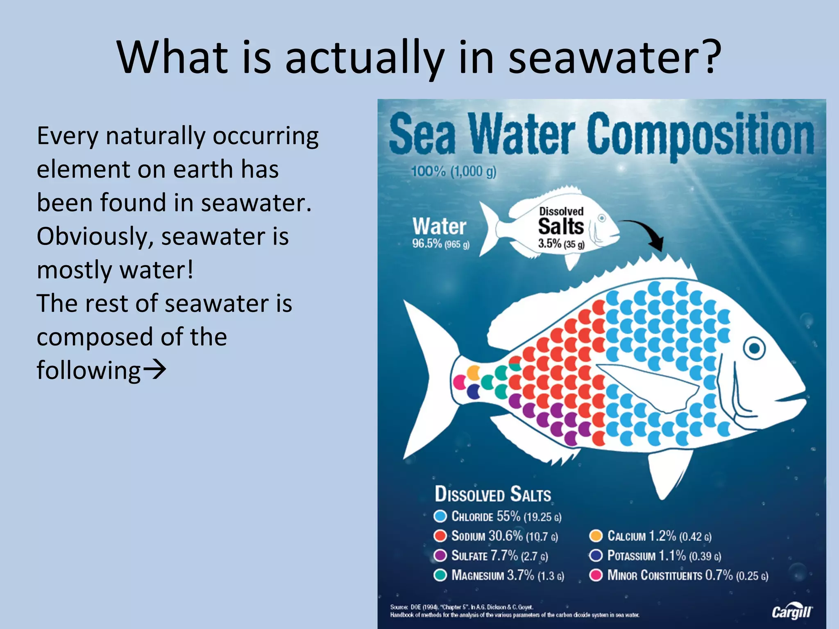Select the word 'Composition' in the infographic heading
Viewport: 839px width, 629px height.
(x=700, y=135)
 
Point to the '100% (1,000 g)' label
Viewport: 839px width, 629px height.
(x=454, y=171)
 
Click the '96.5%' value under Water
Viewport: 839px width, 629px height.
(x=427, y=244)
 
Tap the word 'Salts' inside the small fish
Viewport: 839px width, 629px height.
(x=560, y=226)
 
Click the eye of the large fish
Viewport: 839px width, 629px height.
(x=754, y=348)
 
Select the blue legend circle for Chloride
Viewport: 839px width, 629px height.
(x=440, y=516)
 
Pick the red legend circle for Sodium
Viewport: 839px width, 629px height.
(x=440, y=536)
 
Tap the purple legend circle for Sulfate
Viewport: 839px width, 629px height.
(x=440, y=555)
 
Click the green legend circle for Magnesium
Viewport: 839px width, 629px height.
(x=440, y=575)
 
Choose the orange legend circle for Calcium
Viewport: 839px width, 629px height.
(x=596, y=536)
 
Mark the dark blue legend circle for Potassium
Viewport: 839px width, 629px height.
(x=596, y=555)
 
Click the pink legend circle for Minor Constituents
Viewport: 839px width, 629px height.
(x=596, y=575)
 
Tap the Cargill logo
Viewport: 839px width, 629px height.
(x=791, y=611)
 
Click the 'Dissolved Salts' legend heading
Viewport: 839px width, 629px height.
(x=493, y=494)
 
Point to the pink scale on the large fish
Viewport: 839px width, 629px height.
(x=460, y=382)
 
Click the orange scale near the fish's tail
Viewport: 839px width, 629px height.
(x=474, y=373)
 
